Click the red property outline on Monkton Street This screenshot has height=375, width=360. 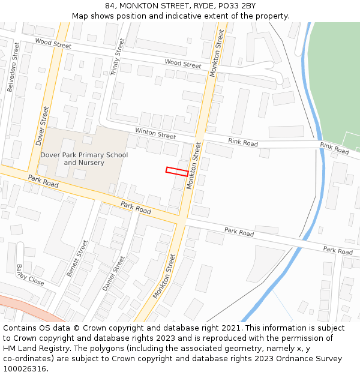tap(177, 171)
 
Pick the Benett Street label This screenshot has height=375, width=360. tap(77, 258)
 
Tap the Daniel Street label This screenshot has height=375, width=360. tap(113, 274)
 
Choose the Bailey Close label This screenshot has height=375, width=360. tap(30, 275)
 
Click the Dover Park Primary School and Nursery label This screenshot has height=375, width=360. tap(84, 159)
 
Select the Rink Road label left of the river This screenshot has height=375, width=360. tap(243, 142)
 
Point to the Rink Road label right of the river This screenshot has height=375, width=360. tap(334, 148)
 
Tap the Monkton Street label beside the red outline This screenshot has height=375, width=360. tap(194, 166)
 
